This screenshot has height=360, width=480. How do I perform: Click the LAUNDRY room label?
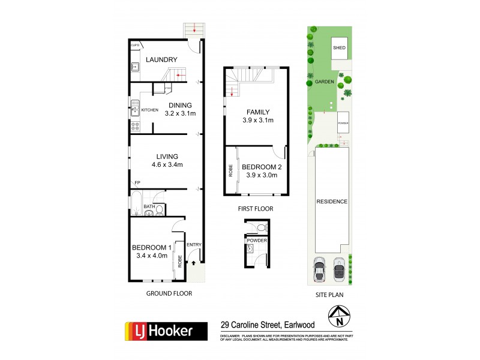tap(161, 59)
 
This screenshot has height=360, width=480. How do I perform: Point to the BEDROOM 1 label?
tap(152, 247)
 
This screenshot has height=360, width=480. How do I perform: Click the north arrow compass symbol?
tap(340, 316)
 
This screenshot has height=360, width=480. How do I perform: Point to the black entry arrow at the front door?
tap(194, 262)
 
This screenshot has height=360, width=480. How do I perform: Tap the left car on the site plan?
tap(320, 270)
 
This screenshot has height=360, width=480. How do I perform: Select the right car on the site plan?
tap(339, 270)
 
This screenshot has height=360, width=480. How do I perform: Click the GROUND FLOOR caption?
tap(169, 294)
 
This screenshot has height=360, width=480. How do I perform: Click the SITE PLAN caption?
tap(329, 294)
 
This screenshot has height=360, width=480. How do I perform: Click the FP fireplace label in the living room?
tap(137, 182)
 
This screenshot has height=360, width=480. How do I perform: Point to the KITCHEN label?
tap(149, 110)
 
